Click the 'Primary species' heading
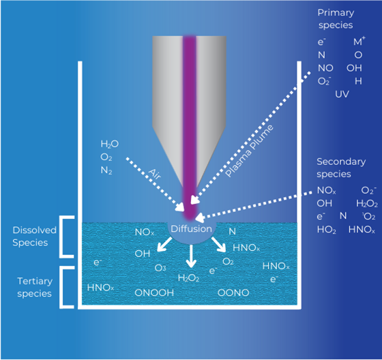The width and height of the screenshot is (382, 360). click(335, 19)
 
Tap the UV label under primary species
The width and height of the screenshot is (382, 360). click(342, 93)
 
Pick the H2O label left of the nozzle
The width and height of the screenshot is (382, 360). click(109, 145)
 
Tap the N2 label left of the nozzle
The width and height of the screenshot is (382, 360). click(106, 170)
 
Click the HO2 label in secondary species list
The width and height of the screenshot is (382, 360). click(326, 230)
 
